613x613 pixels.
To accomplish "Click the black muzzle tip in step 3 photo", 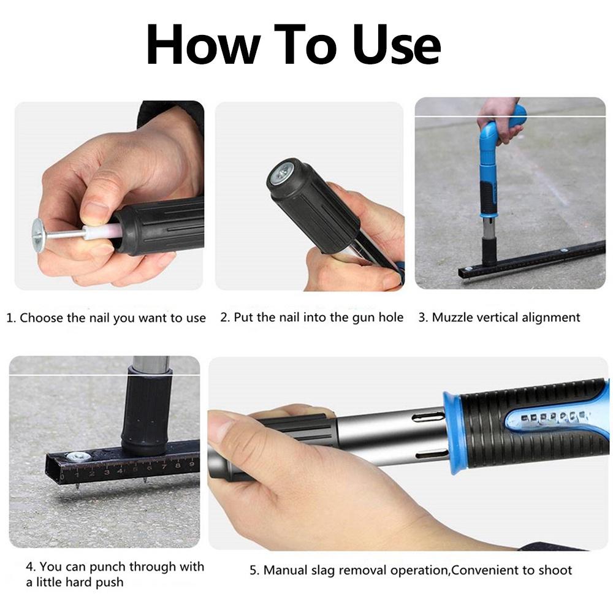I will pyautogui.click(x=489, y=251).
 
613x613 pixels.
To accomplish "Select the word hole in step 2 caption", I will pyautogui.click(x=390, y=317).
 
